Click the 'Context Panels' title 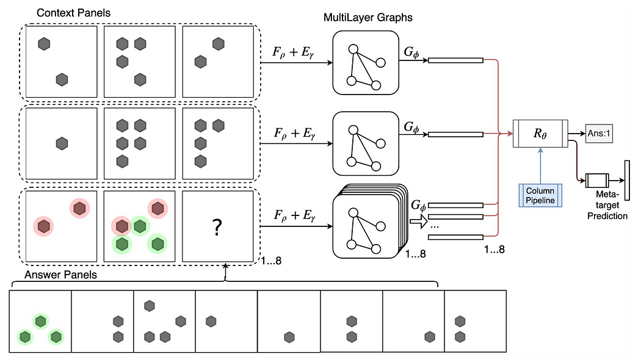click(74, 13)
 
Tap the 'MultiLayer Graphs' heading click(368, 18)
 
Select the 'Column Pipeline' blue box click(540, 195)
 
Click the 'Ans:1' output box click(599, 133)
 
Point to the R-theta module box click(540, 133)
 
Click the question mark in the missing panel click(217, 227)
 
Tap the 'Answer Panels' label click(60, 275)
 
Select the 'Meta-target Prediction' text click(607, 205)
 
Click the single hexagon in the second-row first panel click(62, 143)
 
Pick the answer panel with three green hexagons click(40, 321)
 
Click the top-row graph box click(366, 62)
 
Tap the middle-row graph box click(366, 143)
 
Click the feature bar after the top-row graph click(455, 60)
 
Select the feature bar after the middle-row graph click(455, 134)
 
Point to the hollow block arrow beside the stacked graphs click(418, 222)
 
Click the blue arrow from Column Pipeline click(540, 166)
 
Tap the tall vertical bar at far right click(627, 181)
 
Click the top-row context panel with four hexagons click(140, 62)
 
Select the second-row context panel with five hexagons click(140, 143)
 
